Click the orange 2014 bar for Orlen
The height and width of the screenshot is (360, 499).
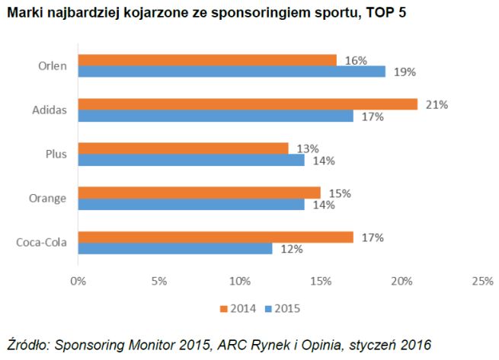click(206, 59)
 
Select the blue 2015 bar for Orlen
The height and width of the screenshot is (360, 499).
click(230, 72)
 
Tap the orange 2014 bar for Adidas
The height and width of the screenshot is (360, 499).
click(247, 104)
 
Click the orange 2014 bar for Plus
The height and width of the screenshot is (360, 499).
click(182, 148)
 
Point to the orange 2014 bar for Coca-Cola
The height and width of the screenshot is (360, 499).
click(214, 237)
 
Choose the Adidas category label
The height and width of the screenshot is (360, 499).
click(50, 110)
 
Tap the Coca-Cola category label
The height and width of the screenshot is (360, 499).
click(41, 243)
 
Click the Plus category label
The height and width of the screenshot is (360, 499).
click(57, 154)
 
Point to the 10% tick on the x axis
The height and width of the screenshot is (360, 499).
click(239, 281)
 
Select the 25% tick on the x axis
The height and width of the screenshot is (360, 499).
click(481, 281)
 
